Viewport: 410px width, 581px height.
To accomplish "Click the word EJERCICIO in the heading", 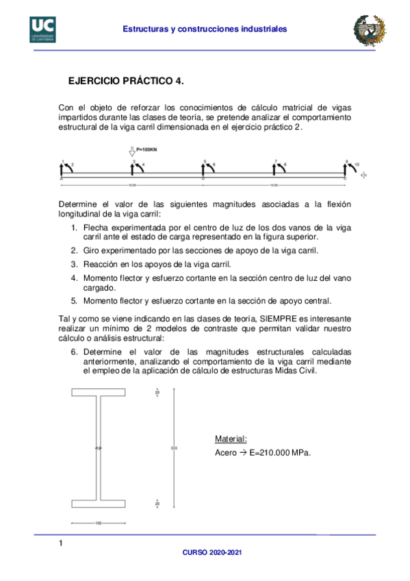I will point(93,81).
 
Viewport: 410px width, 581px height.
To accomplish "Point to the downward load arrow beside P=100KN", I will point(132,151).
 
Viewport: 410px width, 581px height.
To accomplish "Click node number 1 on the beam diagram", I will point(63,162).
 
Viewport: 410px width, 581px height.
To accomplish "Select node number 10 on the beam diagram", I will point(357,165).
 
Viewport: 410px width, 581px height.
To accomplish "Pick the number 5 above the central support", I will point(204,162).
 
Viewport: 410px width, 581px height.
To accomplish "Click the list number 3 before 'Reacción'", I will point(74,264).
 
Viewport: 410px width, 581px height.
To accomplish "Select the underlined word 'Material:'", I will point(231,438).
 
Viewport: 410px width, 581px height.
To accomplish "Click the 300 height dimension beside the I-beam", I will point(174,448).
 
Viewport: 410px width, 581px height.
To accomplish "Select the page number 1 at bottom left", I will point(61,544).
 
